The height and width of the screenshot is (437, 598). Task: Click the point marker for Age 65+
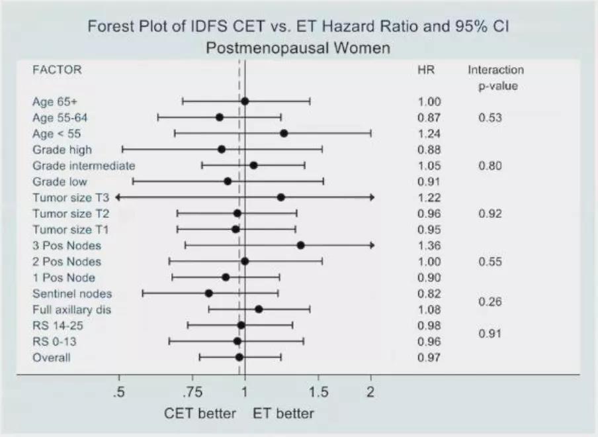tap(245, 101)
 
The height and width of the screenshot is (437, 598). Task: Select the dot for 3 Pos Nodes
tap(300, 245)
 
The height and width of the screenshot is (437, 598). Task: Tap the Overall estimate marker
tap(239, 357)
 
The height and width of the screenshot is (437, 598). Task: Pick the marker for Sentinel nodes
tap(208, 293)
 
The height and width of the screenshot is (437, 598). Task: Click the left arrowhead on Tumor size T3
tap(118, 197)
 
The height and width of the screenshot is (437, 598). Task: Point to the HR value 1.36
tap(429, 246)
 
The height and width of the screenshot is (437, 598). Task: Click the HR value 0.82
tap(429, 293)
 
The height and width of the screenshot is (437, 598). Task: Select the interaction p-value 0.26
tap(490, 302)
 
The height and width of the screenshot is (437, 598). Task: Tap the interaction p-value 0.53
tap(490, 118)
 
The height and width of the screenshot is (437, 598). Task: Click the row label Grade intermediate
tap(84, 166)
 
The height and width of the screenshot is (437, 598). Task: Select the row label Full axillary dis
tap(71, 309)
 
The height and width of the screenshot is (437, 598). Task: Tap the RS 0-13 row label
tap(54, 342)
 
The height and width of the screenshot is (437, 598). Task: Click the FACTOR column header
tap(57, 70)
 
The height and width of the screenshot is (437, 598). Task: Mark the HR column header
tap(426, 70)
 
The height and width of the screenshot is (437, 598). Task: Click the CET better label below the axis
tap(200, 414)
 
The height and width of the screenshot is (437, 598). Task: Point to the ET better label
tap(284, 414)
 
